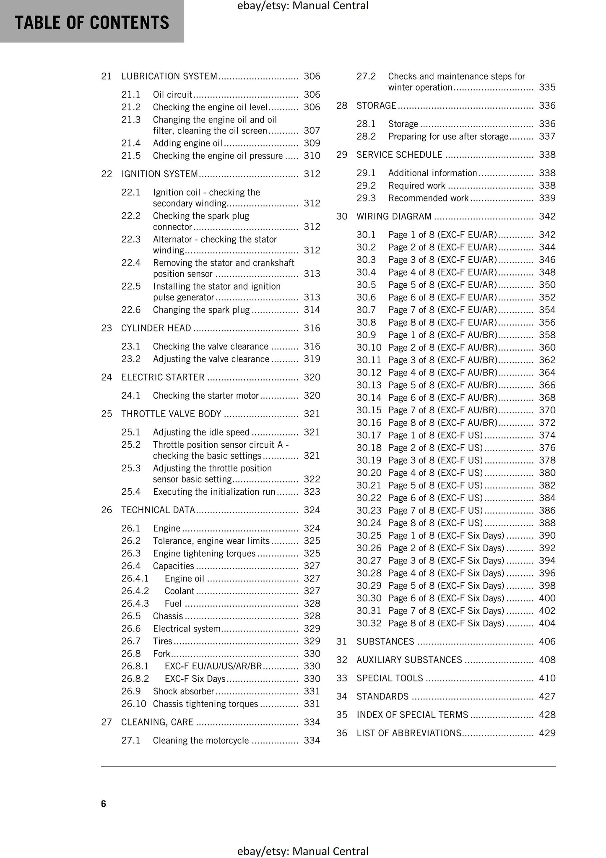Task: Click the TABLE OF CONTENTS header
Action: click(92, 22)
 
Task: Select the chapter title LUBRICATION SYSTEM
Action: click(169, 76)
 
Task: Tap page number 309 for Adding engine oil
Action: click(312, 143)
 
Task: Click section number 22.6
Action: click(131, 310)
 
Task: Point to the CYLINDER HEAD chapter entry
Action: click(156, 328)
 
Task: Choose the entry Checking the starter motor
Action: click(205, 396)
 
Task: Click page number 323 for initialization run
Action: click(312, 492)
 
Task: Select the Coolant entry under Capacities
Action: click(179, 591)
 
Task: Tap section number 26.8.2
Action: click(135, 679)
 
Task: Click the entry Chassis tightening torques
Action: click(205, 704)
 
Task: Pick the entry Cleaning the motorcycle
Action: click(200, 741)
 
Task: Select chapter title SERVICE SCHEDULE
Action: click(399, 155)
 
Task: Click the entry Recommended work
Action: click(428, 198)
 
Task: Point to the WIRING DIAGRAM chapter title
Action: click(393, 216)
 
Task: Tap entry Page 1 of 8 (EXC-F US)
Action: click(435, 436)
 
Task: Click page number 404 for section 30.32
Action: click(547, 623)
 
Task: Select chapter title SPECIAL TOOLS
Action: click(389, 678)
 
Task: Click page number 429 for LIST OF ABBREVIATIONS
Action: click(547, 733)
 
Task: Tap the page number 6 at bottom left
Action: click(104, 804)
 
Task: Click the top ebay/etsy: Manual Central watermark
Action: click(302, 6)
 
